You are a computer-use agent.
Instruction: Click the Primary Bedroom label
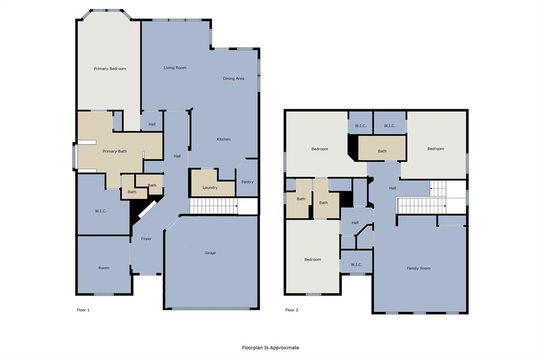point(110,69)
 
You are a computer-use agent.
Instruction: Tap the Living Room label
point(175,68)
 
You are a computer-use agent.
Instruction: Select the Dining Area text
point(234,79)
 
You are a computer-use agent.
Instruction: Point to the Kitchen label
point(223,139)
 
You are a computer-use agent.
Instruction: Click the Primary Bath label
point(115,151)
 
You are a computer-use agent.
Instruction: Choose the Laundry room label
point(210,187)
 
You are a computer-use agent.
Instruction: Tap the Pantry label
point(247,182)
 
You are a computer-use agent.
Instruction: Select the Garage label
point(210,253)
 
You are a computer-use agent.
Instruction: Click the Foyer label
point(146,239)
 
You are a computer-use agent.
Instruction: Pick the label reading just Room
point(104,268)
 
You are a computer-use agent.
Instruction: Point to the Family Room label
point(418,268)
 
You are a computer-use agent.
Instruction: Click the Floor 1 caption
point(83,310)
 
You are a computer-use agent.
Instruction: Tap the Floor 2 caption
point(292,310)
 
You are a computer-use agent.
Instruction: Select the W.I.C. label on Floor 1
point(101,211)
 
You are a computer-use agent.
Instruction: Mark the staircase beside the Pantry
point(213,206)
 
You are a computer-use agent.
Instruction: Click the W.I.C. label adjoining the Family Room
point(356,264)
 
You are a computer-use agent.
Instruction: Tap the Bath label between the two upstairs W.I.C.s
point(382,151)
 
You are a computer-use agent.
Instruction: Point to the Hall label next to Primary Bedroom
point(152,125)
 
